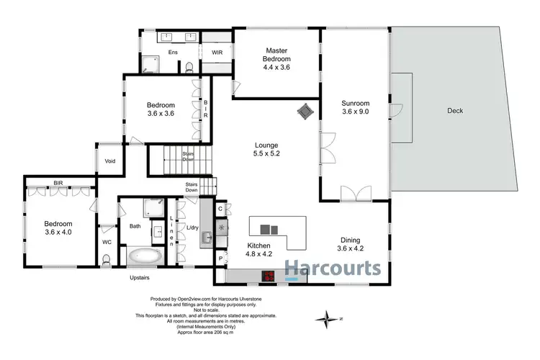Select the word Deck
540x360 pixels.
coord(454,111)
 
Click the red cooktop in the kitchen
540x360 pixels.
coord(269,275)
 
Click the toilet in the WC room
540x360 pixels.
coord(106,264)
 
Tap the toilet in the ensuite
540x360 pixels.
coord(189,68)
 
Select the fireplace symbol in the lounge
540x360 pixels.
coord(305,110)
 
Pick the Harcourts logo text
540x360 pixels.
coord(333,269)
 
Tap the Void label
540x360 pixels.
coord(110,161)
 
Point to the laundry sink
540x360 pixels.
coord(206,235)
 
